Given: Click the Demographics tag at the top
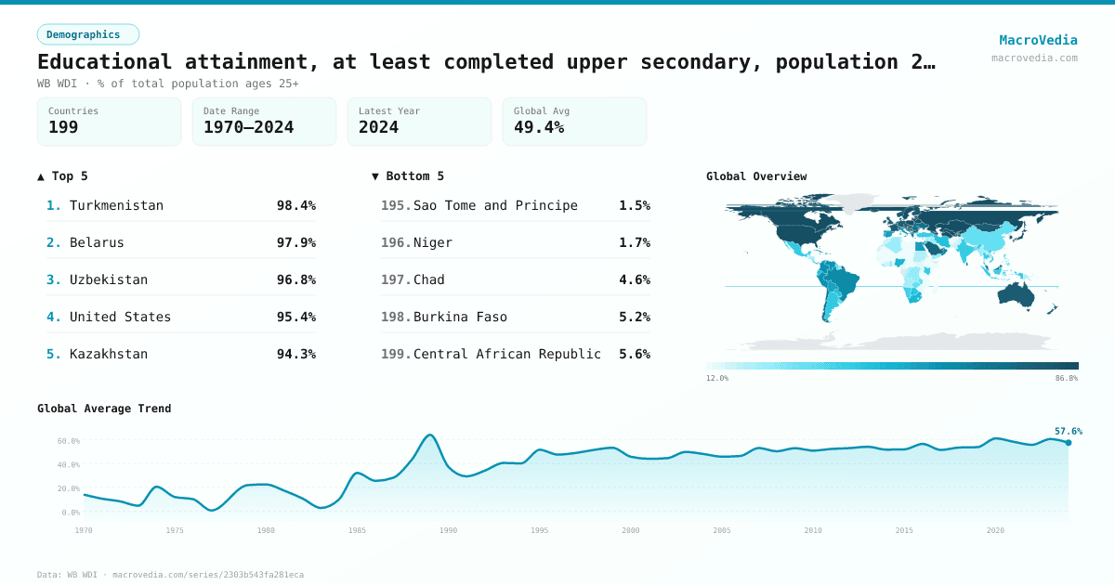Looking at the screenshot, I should (x=87, y=34).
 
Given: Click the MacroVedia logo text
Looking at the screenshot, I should (x=1038, y=40).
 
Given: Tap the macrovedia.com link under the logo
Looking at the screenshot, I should (x=1034, y=58).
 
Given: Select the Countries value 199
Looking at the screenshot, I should (x=63, y=127).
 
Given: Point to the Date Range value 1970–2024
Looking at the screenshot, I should (x=248, y=127).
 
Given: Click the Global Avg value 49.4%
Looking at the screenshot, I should (x=539, y=127).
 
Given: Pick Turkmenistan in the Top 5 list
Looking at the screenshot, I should (x=116, y=205).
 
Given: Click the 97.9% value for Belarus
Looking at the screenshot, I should (x=295, y=242).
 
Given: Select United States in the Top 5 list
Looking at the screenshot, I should (x=120, y=317).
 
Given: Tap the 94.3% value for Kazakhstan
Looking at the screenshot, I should (x=295, y=354).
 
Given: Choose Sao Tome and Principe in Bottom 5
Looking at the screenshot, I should (x=495, y=205).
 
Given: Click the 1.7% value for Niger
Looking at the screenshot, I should (x=634, y=242).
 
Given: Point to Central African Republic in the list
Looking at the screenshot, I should (x=507, y=354).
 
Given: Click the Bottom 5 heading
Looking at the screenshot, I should (x=408, y=175).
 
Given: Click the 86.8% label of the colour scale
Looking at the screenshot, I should (x=1067, y=378).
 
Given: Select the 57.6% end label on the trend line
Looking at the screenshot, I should (x=1069, y=431).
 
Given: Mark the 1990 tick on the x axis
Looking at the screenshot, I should (x=449, y=530).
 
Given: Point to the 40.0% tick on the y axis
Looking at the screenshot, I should (x=69, y=464).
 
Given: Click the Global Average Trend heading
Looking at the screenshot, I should (x=104, y=409).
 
